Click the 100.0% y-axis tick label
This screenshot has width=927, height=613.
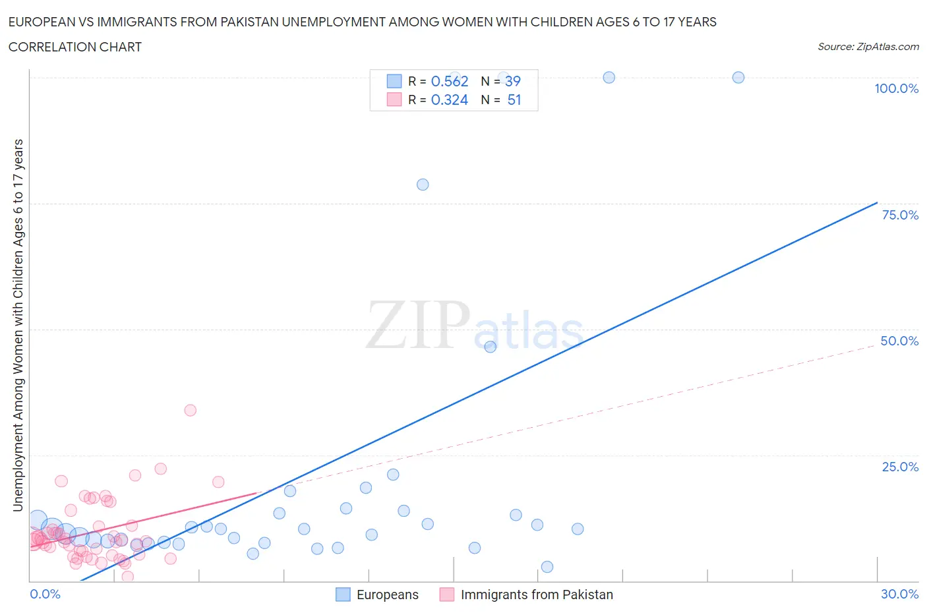(896, 88)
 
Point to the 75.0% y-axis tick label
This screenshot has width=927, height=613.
(900, 215)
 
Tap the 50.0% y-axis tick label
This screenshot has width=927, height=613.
(899, 341)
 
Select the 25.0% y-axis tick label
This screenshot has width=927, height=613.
(900, 467)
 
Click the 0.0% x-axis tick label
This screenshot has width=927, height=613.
(45, 594)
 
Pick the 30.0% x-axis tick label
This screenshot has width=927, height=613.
(899, 594)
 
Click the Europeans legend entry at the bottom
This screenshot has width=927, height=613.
(377, 595)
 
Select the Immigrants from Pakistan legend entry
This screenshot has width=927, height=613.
(526, 595)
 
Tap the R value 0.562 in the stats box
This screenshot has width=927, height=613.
(449, 81)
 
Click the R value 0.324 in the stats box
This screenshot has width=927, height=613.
(449, 100)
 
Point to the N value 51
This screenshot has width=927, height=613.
(514, 100)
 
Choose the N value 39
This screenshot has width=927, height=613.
(512, 81)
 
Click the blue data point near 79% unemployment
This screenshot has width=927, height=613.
(423, 185)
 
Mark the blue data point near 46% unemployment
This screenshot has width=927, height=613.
(490, 347)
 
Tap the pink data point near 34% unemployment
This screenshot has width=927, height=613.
(190, 410)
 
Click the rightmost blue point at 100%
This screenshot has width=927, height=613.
(738, 77)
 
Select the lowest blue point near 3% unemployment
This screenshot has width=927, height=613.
(547, 567)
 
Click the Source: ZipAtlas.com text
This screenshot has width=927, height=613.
(868, 46)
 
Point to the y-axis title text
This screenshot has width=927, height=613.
(18, 325)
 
